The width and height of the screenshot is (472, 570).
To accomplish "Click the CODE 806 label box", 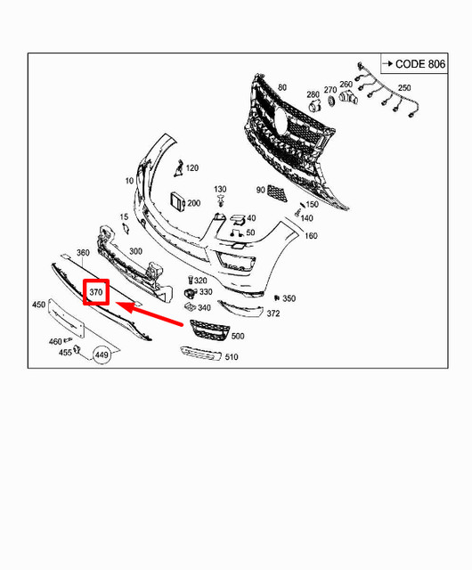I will (x=414, y=64).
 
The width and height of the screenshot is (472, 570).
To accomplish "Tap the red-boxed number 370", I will (x=96, y=291).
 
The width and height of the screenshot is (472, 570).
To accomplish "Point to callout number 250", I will (x=404, y=88).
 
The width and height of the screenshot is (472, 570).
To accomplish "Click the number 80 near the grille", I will (x=282, y=87).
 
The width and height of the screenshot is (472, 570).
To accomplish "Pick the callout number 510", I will (x=232, y=358).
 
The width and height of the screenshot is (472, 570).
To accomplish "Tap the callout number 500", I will (x=238, y=336).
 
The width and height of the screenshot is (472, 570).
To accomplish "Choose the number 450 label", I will (x=39, y=305).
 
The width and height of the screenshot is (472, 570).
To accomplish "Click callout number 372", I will (x=273, y=313).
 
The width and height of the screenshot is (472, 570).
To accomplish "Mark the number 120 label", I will (x=192, y=168).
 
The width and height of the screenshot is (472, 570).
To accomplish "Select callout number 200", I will (x=193, y=204).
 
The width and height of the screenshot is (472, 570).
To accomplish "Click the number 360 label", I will (x=84, y=254).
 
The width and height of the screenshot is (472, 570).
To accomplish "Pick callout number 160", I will (x=311, y=236).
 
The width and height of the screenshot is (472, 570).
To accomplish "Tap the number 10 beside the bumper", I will (x=130, y=181).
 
